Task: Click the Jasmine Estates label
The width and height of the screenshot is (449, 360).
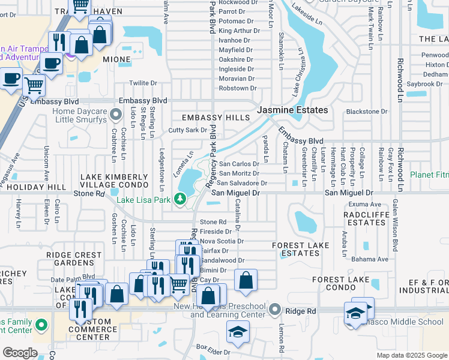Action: (292, 110)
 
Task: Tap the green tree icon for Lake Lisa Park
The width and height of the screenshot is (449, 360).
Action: (179, 198)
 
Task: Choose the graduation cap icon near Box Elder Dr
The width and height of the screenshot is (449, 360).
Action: (238, 332)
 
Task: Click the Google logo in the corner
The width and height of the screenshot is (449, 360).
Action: (20, 353)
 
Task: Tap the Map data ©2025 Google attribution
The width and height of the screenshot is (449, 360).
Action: (411, 355)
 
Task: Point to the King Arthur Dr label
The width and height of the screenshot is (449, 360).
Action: (236, 31)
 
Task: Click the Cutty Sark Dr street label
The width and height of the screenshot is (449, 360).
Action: (187, 130)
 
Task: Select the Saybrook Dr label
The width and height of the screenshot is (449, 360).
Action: (424, 84)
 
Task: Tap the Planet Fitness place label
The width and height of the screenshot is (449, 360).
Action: (429, 175)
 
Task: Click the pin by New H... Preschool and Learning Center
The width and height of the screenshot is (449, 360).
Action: (275, 310)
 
